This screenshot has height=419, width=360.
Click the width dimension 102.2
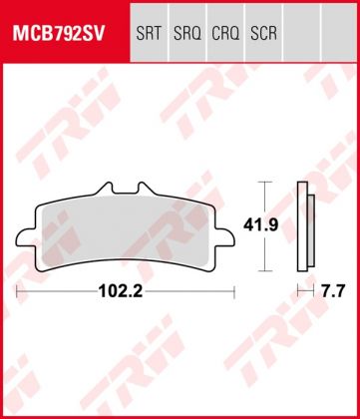[125, 292]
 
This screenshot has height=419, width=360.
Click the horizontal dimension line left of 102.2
[60, 292]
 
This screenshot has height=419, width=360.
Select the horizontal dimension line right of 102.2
[194, 292]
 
